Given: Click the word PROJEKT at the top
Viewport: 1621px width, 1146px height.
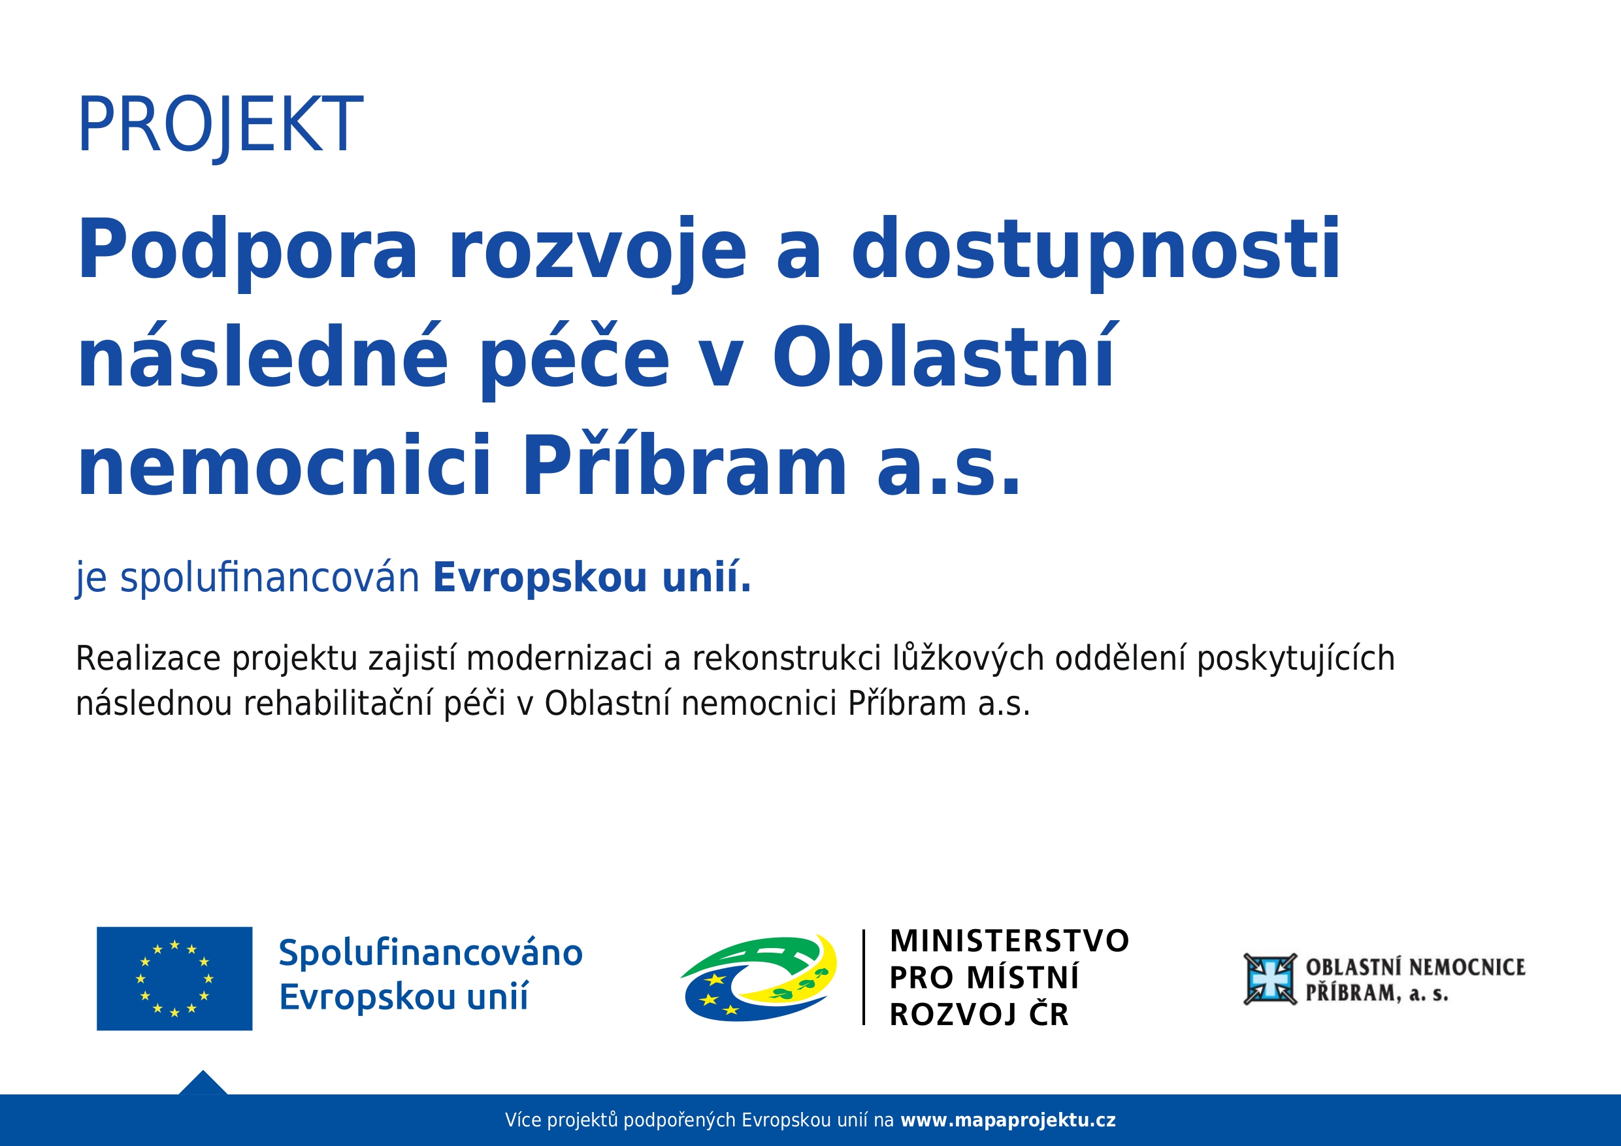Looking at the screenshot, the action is pyautogui.click(x=220, y=125).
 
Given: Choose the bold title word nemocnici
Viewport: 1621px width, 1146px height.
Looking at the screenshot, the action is pyautogui.click(x=284, y=466).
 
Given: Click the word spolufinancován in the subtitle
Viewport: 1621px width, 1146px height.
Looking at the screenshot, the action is pyautogui.click(x=270, y=578).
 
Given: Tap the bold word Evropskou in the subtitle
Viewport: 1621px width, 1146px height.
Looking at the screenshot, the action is pyautogui.click(x=540, y=578).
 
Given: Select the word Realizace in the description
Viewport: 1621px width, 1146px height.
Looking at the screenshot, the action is pyautogui.click(x=148, y=658).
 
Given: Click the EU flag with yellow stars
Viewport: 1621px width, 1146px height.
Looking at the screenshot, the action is pyautogui.click(x=174, y=978).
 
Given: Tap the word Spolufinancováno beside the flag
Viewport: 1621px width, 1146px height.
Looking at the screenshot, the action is pyautogui.click(x=431, y=953).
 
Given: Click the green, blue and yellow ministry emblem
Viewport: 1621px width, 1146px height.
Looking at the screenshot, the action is pyautogui.click(x=759, y=978).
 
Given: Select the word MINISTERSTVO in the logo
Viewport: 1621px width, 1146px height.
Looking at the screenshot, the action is pyautogui.click(x=1009, y=941).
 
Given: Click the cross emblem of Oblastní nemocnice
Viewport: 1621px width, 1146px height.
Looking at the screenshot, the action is pyautogui.click(x=1270, y=979).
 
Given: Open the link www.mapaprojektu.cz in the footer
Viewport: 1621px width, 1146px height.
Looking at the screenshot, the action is pyautogui.click(x=1008, y=1121).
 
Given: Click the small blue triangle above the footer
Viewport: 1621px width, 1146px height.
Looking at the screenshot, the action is pyautogui.click(x=203, y=1085).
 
